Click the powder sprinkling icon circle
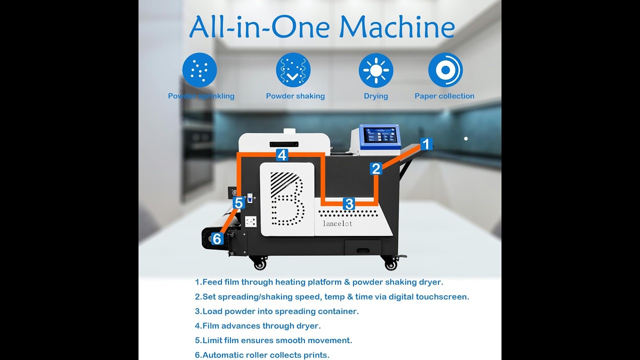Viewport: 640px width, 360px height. click(x=199, y=70)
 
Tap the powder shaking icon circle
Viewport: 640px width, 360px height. click(x=293, y=70)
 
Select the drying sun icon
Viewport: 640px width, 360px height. click(x=376, y=70)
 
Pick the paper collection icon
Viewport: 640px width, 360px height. click(x=445, y=70)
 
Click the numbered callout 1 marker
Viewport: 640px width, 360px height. click(x=425, y=144)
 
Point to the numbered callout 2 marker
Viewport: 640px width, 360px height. click(x=376, y=168)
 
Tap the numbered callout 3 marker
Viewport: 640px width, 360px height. click(x=349, y=203)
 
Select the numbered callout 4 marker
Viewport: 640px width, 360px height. click(x=282, y=155)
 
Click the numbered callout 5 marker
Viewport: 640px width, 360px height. click(x=238, y=203)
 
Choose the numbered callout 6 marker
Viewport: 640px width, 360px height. click(x=216, y=239)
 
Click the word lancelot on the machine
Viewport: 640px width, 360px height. click(x=337, y=223)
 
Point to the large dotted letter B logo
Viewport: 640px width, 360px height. click(x=286, y=198)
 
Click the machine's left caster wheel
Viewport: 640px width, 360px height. click(x=259, y=262)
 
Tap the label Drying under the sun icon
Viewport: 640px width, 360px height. click(x=376, y=96)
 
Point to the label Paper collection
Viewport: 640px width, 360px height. click(x=444, y=96)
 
